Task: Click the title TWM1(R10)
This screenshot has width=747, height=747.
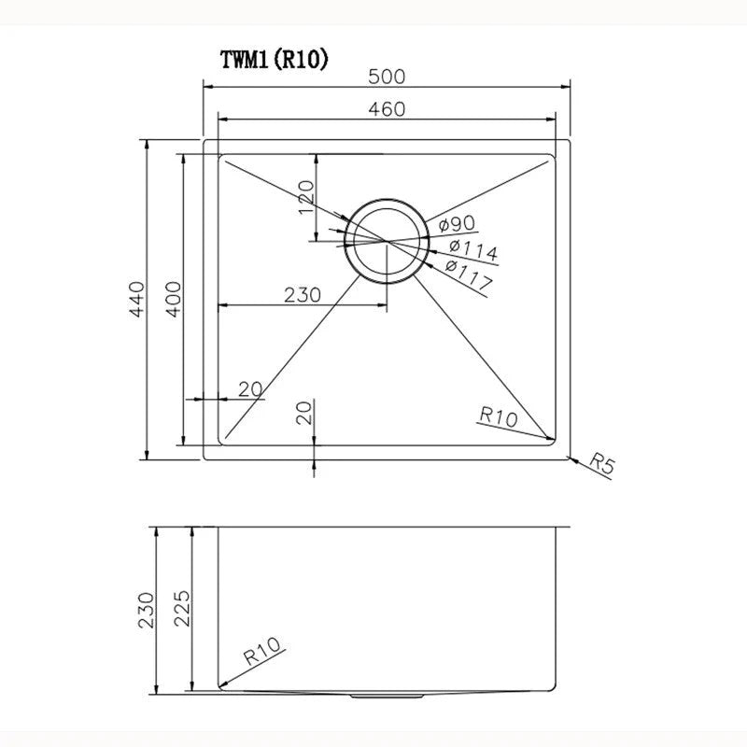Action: [273, 60]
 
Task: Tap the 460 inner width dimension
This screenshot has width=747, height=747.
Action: [387, 109]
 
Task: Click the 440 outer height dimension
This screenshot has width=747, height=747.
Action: [138, 299]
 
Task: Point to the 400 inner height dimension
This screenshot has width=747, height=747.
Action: [172, 299]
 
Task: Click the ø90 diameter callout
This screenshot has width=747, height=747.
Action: [457, 224]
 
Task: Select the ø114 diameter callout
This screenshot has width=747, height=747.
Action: [472, 249]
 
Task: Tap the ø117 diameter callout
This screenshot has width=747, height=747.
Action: [469, 275]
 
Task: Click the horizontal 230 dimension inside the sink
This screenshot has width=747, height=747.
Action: [303, 294]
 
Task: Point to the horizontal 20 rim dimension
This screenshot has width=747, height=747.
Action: [249, 388]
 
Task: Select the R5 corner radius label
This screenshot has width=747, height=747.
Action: [603, 464]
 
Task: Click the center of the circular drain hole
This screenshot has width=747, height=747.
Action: [385, 241]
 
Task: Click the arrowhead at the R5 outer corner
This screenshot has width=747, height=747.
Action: [571, 456]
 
